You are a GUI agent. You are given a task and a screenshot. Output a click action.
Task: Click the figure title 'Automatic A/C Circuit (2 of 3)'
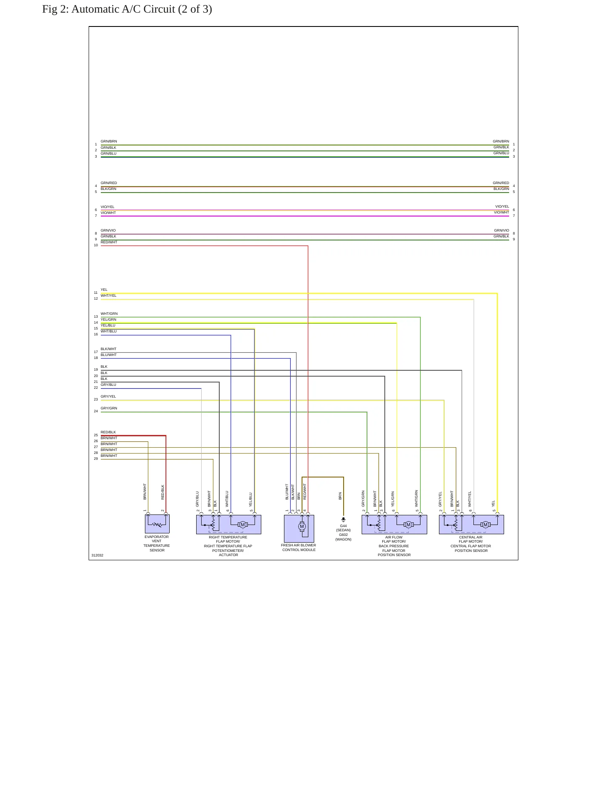[142, 9]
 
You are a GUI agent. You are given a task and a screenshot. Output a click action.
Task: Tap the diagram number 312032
[97, 555]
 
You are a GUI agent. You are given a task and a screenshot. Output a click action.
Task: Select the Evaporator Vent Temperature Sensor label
[157, 543]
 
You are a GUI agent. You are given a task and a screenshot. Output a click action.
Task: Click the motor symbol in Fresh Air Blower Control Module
[302, 526]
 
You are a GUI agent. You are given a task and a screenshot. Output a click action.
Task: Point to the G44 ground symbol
[343, 520]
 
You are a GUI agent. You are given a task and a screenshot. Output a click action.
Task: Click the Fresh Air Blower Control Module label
[299, 548]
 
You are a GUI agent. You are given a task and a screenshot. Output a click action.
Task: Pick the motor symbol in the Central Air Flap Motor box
[486, 525]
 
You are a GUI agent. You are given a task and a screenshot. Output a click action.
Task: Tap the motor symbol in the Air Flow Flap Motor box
[408, 525]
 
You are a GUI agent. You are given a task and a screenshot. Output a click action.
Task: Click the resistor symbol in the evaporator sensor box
[157, 525]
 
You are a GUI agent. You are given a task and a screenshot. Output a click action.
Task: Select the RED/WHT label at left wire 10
[109, 242]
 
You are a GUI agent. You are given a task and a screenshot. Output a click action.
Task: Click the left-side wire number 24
[96, 411]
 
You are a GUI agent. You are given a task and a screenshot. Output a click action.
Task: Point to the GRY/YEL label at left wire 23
[108, 396]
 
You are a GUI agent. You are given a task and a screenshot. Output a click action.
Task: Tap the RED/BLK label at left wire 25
[108, 432]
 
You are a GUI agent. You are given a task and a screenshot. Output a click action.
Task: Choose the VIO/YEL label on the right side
[502, 207]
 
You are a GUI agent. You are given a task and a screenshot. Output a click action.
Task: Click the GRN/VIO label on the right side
[502, 230]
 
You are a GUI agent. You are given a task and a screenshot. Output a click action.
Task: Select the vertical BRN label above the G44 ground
[340, 496]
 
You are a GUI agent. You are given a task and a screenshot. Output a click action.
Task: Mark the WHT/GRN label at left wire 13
[109, 314]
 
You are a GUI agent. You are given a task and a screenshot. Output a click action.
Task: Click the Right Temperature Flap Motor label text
[228, 546]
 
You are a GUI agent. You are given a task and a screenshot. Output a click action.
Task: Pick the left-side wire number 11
[96, 293]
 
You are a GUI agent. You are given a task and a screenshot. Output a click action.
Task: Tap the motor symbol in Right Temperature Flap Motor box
[243, 525]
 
